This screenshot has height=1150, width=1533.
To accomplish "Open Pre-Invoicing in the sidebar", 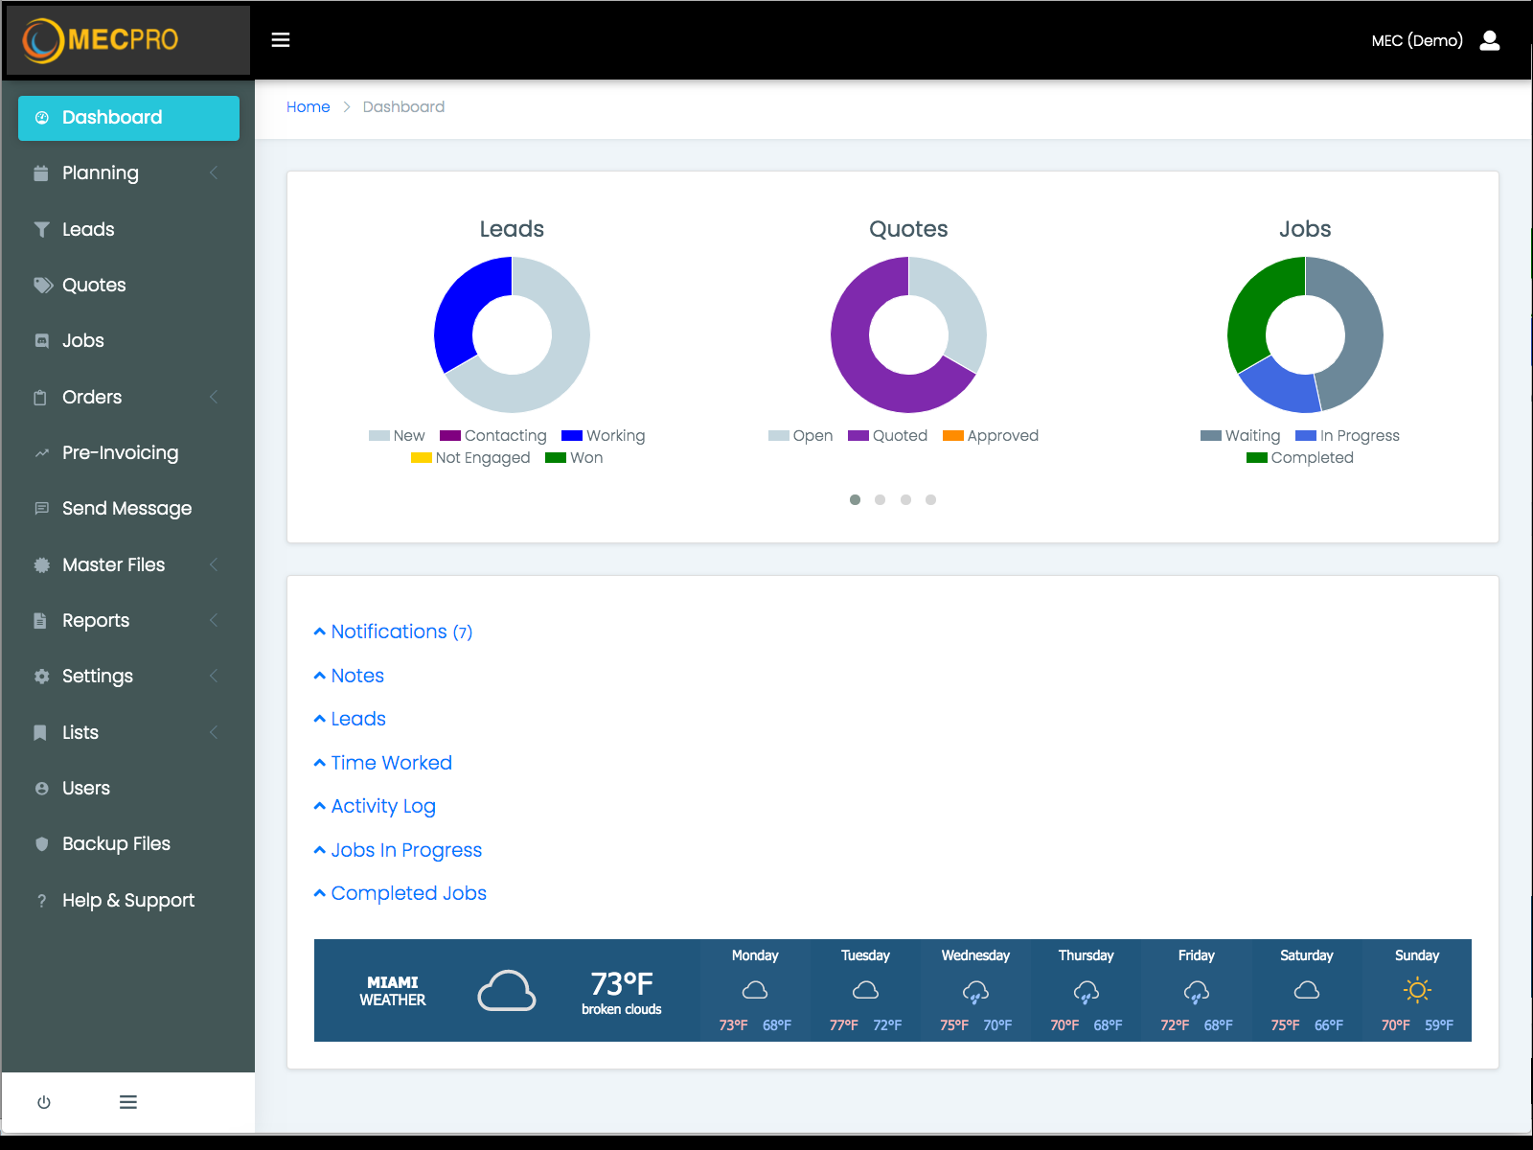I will pos(120,453).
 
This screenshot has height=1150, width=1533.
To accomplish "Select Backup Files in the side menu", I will pos(116,844).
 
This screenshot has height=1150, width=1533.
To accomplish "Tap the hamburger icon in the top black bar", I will pos(281,40).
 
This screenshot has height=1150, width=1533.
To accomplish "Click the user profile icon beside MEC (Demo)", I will pos(1490,40).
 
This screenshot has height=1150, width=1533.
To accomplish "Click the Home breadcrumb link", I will pos(308,107).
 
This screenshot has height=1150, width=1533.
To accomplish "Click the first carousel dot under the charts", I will pos(855,499).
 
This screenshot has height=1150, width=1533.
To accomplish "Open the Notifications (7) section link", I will pos(400,632).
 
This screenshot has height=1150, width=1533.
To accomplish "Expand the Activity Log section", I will pos(382,806).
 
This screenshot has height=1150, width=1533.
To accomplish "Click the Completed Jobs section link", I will pos(408,893).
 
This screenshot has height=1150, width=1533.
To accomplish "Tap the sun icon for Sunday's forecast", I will pos(1417,990).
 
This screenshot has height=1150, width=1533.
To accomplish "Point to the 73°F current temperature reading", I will pos(621,984).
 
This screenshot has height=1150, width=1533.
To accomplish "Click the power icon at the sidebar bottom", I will pos(44,1102).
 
